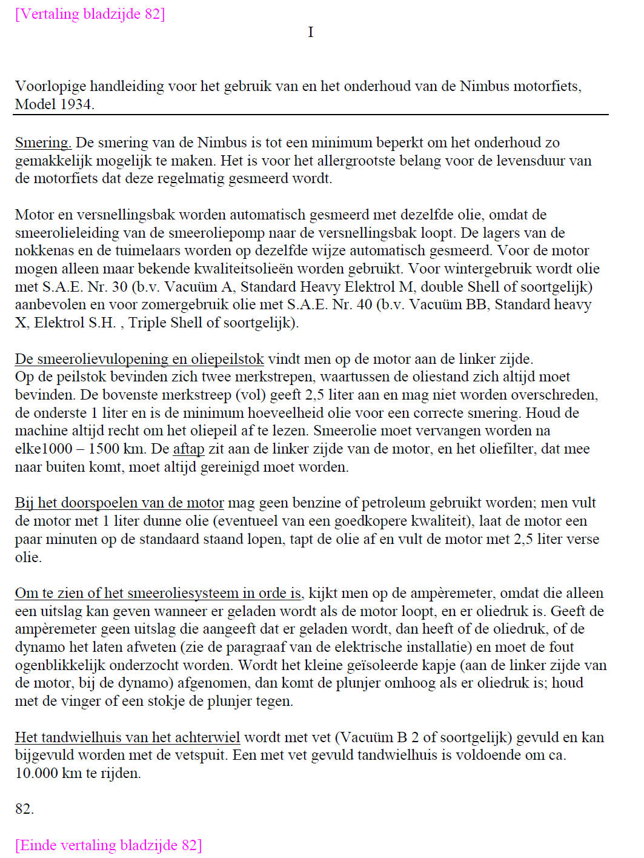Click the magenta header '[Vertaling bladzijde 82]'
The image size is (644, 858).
90,14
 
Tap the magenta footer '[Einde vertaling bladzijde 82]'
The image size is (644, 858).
108,845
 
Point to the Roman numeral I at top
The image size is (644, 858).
311,32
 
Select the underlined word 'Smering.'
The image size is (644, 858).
43,143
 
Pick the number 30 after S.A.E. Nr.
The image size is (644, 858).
120,287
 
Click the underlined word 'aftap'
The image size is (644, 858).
188,449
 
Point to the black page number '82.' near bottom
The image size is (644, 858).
25,809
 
